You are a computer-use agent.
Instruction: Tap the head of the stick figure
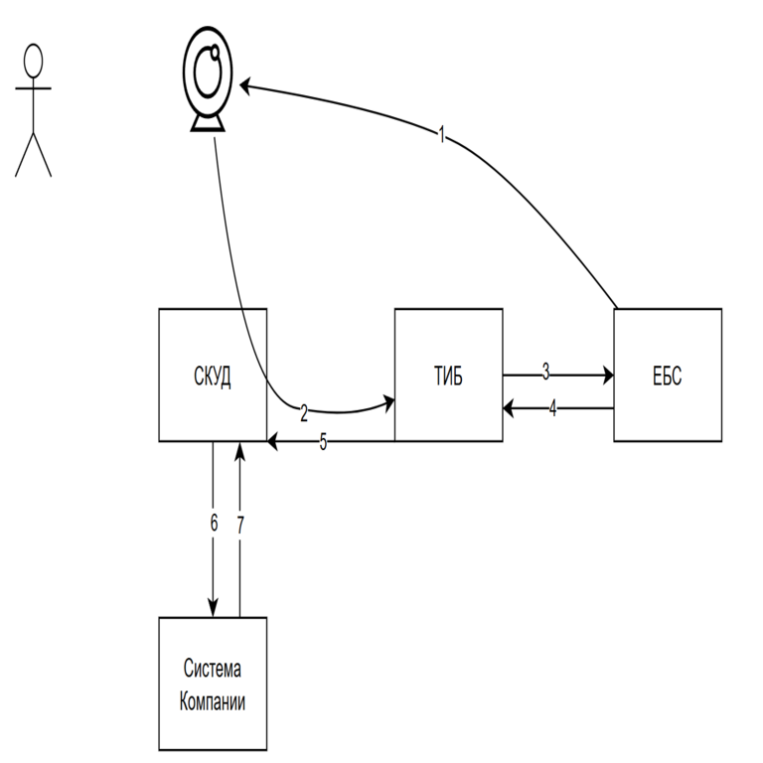click(34, 59)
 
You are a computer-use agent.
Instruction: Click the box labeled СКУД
click(213, 375)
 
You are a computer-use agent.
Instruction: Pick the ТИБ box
click(449, 375)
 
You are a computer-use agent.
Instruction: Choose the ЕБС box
click(668, 375)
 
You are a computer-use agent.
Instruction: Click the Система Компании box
click(213, 684)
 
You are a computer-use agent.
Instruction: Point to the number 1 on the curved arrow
click(442, 135)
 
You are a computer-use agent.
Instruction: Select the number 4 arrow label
click(552, 407)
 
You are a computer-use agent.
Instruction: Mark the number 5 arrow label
click(323, 442)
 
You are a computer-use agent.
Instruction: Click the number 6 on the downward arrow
click(214, 524)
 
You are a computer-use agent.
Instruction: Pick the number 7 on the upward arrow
click(239, 526)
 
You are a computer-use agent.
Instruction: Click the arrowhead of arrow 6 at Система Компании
click(213, 609)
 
